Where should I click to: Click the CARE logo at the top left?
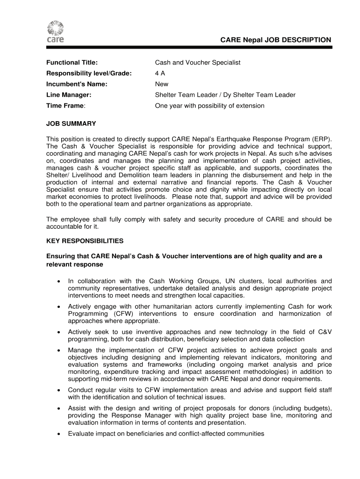[x=56, y=32]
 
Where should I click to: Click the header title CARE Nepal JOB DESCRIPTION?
[x=276, y=40]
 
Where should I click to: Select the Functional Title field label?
[x=72, y=63]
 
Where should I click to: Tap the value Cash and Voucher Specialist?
[x=198, y=63]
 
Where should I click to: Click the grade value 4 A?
[x=160, y=73]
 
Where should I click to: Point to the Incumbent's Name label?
[x=77, y=84]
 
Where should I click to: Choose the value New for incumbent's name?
[x=162, y=84]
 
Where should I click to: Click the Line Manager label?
[x=68, y=95]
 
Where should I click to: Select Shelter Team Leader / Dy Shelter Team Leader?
[x=225, y=95]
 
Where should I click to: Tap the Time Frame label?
[x=65, y=106]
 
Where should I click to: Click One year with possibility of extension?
[x=210, y=106]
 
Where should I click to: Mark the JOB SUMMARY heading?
[x=71, y=123]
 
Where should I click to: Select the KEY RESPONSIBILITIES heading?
[x=85, y=241]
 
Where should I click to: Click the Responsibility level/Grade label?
[x=89, y=73]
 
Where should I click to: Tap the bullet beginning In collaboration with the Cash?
[x=200, y=288]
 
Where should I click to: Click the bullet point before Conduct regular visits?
[x=58, y=390]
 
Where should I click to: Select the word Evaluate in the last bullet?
[x=81, y=434]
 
